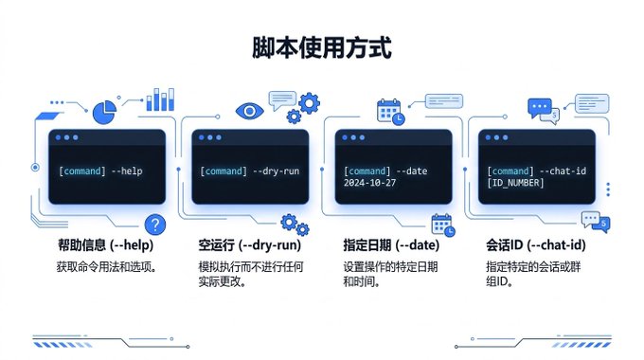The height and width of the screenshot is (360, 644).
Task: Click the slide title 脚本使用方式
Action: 322,47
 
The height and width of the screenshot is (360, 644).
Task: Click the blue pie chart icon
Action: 104,112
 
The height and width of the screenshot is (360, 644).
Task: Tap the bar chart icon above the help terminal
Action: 160,99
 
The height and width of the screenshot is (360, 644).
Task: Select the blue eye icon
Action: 249,111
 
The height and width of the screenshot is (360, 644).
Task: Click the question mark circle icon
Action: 155,225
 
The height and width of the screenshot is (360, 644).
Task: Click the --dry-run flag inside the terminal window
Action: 276,171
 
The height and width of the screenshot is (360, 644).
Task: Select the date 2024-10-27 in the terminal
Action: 369,183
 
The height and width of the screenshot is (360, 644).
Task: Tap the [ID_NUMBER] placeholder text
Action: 515,183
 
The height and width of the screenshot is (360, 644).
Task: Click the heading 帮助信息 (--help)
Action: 105,245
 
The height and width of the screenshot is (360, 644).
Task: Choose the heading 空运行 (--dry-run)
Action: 250,245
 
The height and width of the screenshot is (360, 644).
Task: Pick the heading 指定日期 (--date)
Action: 391,245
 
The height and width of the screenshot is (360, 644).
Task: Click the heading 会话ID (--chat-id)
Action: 536,245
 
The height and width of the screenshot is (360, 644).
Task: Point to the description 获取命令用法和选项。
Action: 107,267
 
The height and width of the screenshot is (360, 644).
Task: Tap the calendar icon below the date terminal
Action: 443,225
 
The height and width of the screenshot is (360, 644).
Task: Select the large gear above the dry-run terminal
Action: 310,103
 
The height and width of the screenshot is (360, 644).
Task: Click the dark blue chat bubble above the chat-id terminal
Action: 539,108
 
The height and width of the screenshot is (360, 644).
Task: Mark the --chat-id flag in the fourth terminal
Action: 563,171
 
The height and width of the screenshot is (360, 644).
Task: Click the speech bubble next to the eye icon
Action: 282,100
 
